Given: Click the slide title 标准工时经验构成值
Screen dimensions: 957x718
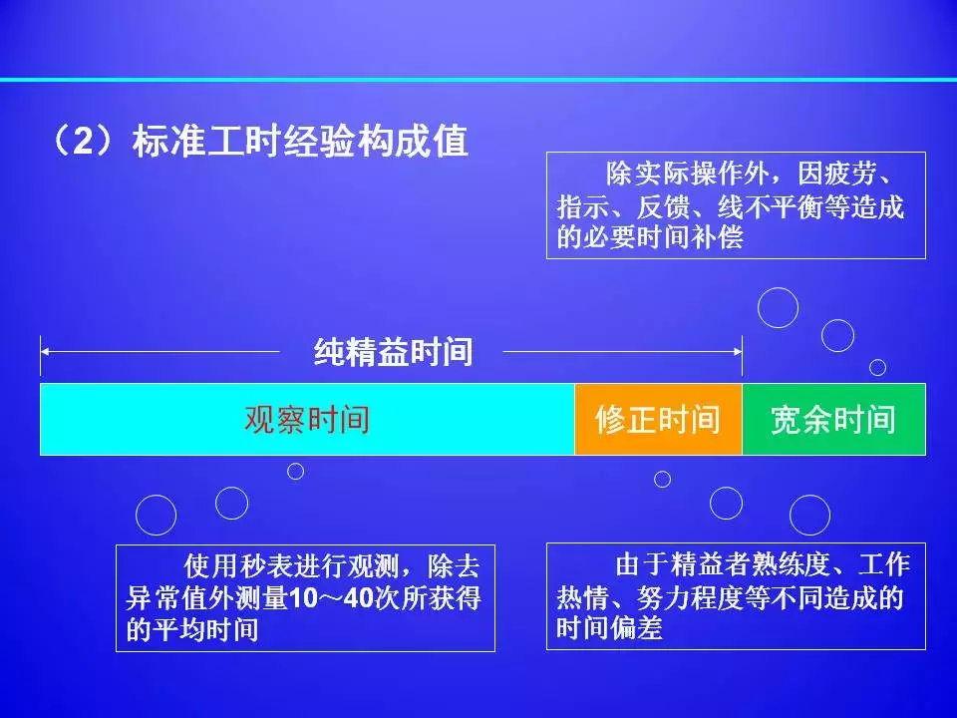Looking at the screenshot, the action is pos(300,142).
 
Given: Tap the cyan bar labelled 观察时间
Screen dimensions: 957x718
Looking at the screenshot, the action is pos(307,420).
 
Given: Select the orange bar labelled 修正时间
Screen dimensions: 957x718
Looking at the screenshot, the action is pos(658,420).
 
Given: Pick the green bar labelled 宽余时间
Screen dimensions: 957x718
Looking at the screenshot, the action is pos(833,420).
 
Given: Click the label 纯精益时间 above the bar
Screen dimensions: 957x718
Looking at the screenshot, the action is pos(393,352).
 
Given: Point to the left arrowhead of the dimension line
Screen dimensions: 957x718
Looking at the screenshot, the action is pos(45,352).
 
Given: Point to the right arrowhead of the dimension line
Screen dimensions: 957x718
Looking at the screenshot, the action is pos(738,352).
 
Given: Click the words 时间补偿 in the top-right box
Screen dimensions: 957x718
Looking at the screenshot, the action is pos(690,237).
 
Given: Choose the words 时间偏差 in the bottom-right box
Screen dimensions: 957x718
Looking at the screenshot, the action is pos(609,627).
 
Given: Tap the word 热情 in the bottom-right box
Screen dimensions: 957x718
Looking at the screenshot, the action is pos(582,596).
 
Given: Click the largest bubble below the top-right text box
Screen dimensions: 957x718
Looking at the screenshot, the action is pos(779,308).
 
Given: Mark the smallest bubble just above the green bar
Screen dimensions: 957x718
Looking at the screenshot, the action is pos(877,368).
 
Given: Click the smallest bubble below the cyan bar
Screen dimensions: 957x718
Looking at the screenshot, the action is pos(295,472).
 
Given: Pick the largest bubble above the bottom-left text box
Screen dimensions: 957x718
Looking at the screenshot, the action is pos(156,516).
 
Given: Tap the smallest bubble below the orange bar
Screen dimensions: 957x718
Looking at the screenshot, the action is pos(662,480).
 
